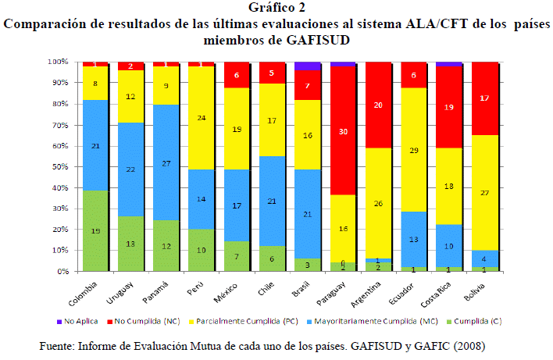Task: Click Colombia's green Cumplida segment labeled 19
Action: point(95,231)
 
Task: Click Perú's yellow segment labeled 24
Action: point(201,118)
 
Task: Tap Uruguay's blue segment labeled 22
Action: point(130,169)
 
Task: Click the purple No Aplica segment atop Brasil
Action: point(307,66)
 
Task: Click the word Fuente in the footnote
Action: point(57,345)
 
